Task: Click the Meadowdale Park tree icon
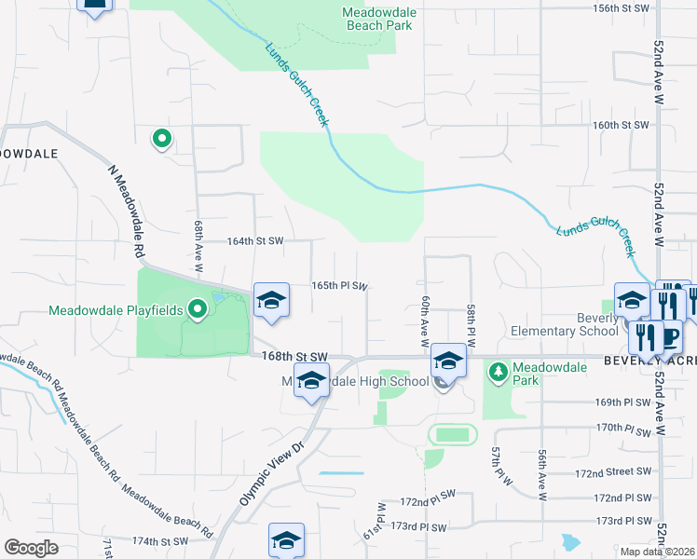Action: [499, 373]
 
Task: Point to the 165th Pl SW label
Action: [339, 286]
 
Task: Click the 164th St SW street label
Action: [255, 240]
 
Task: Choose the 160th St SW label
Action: [620, 125]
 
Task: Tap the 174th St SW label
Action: [161, 540]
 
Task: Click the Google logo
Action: [31, 548]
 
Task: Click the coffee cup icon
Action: [671, 334]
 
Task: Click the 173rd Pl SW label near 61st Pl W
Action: [419, 526]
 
